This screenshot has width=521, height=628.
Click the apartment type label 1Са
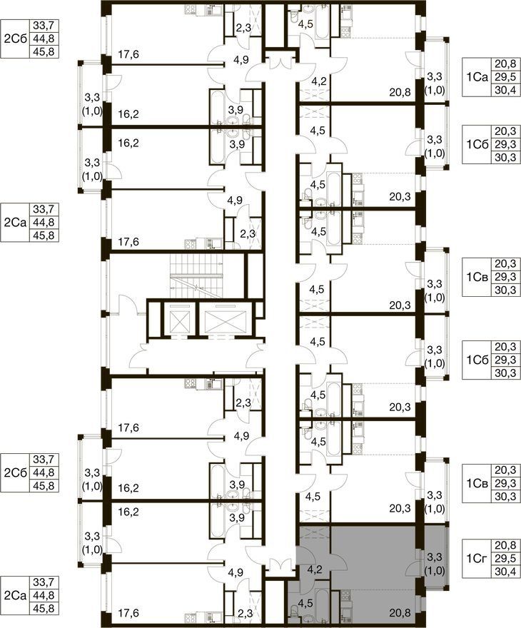(x=477, y=77)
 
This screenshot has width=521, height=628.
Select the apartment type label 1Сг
(x=477, y=558)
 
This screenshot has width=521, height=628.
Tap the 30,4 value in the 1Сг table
(x=505, y=571)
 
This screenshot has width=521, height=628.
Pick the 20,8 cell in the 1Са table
(x=505, y=64)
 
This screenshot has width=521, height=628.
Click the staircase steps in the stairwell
(x=197, y=276)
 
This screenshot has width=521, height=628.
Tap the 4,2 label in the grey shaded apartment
(x=316, y=570)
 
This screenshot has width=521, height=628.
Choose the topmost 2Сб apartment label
(x=15, y=39)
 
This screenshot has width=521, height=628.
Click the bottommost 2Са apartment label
(x=15, y=595)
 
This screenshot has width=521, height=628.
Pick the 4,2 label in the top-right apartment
(x=319, y=81)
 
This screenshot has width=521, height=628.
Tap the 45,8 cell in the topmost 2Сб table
(x=44, y=51)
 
